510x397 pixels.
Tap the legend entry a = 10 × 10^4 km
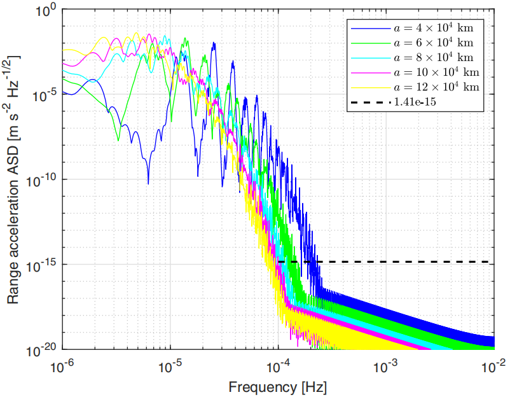(436, 71)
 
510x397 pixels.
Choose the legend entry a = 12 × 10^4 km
(436, 86)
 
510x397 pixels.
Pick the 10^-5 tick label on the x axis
(170, 365)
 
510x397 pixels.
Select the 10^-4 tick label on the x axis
(278, 365)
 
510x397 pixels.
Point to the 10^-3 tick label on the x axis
(386, 365)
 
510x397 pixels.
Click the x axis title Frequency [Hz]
(278, 386)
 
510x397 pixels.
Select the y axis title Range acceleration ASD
(14, 179)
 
